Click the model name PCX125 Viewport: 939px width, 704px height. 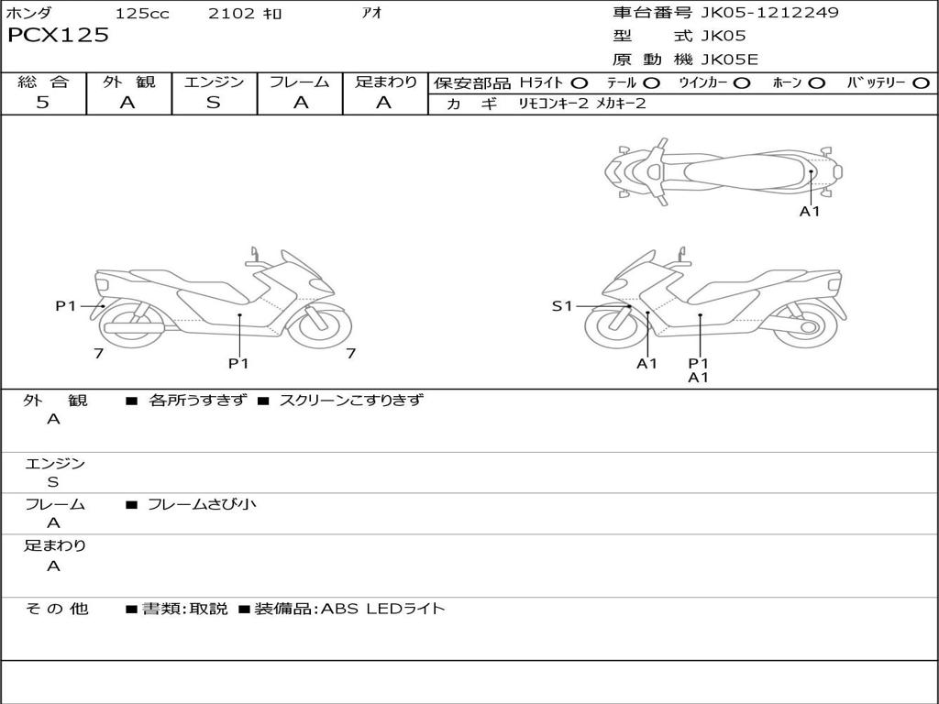pyautogui.click(x=58, y=36)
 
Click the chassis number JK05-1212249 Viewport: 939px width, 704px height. pyautogui.click(x=769, y=13)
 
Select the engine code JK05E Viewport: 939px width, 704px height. pyautogui.click(x=729, y=60)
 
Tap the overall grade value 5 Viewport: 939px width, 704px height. pyautogui.click(x=42, y=103)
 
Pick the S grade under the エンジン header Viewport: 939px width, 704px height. pyautogui.click(x=214, y=103)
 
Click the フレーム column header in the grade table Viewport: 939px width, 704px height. pyautogui.click(x=300, y=82)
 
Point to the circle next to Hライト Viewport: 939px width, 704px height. pyautogui.click(x=580, y=83)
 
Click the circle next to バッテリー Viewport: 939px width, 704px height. pyautogui.click(x=921, y=83)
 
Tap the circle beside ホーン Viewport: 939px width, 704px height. pyautogui.click(x=816, y=83)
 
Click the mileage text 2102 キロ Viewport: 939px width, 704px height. pyautogui.click(x=244, y=13)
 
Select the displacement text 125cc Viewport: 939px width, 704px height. pyautogui.click(x=142, y=13)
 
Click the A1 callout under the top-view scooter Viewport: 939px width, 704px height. pyautogui.click(x=810, y=212)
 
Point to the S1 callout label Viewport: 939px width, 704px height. pyautogui.click(x=562, y=306)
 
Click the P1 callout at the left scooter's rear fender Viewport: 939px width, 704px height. pyautogui.click(x=66, y=306)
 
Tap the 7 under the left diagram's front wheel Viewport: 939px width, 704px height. pyautogui.click(x=351, y=354)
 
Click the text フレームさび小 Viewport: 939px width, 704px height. pyautogui.click(x=202, y=505)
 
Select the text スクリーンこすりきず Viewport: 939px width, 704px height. pyautogui.click(x=351, y=400)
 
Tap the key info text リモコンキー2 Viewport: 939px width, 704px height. pyautogui.click(x=554, y=104)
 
